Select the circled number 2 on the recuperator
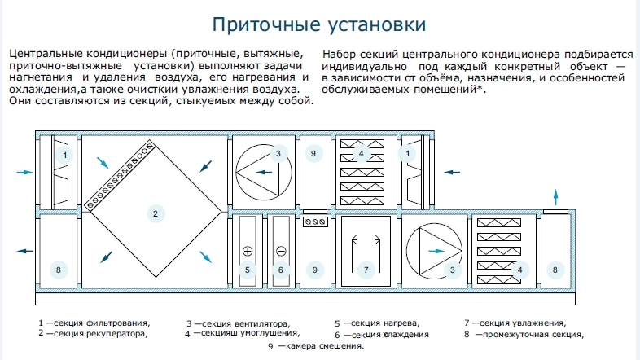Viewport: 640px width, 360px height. click(155, 213)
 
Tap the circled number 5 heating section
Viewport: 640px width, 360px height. click(248, 270)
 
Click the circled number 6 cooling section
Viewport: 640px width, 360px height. click(280, 270)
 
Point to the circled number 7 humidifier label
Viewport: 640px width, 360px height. click(366, 270)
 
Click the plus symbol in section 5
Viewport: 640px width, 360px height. click(248, 251)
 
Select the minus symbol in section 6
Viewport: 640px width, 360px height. click(281, 251)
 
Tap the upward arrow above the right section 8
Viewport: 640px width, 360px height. click(555, 197)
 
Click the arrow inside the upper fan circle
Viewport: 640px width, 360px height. click(264, 172)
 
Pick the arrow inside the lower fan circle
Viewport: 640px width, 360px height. click(436, 251)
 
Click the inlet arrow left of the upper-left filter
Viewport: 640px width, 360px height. click(25, 172)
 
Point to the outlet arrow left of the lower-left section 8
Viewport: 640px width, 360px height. click(25, 251)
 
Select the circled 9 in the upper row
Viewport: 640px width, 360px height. click(313, 153)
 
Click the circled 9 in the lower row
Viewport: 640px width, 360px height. click(314, 270)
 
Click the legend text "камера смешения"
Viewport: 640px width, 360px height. click(325, 346)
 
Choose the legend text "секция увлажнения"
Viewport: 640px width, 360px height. click(523, 323)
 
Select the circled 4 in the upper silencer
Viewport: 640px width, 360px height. click(361, 153)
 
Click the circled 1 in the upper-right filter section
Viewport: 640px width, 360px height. click(407, 153)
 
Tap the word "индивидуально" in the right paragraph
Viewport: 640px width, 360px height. click(365, 67)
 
